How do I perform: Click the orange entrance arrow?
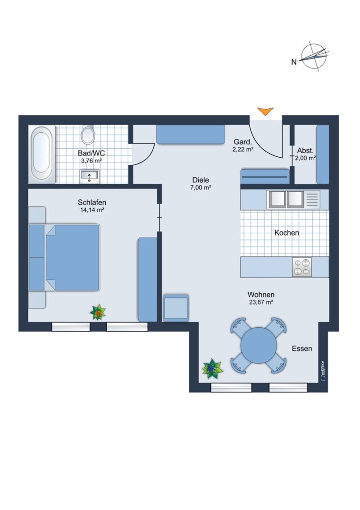[265, 111]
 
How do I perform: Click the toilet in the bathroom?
[88, 135]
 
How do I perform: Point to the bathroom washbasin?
[89, 177]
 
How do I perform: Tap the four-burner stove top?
[301, 267]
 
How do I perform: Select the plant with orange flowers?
[98, 312]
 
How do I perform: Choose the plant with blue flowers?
[212, 369]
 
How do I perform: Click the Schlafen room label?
[92, 202]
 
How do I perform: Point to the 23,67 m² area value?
[260, 302]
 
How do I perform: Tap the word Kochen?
[286, 233]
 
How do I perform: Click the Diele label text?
[201, 180]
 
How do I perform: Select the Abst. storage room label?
[305, 151]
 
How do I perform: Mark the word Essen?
[302, 348]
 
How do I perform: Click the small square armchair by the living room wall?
[176, 308]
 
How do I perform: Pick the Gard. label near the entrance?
[243, 142]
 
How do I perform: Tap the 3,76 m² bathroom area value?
[92, 161]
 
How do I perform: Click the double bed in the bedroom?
[64, 257]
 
